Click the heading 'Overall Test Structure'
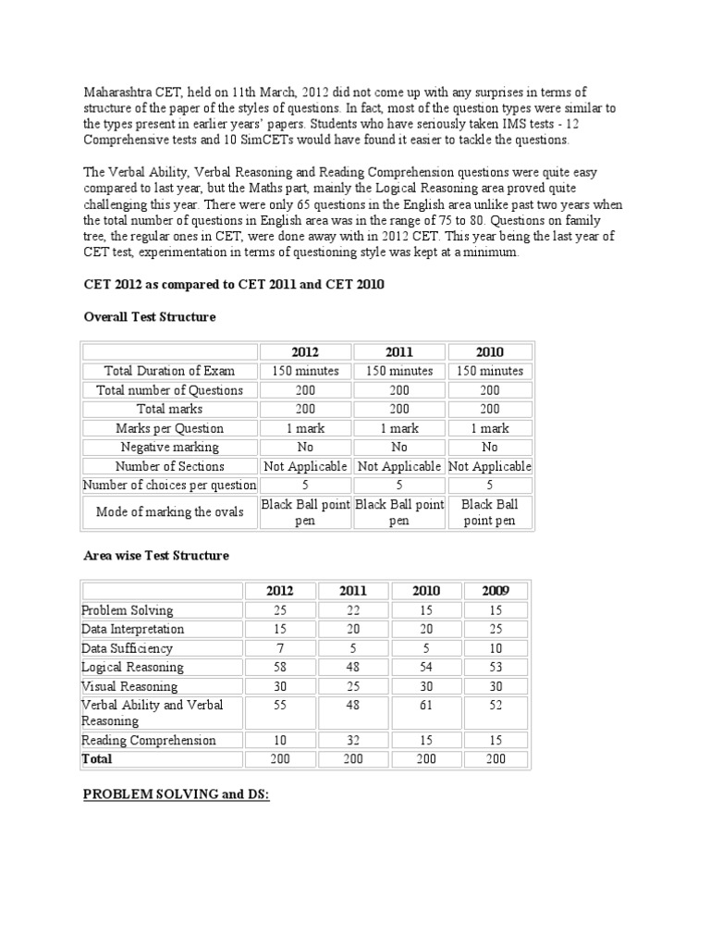[149, 316]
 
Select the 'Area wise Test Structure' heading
[155, 556]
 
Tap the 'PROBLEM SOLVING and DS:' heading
[176, 794]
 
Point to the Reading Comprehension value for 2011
[352, 740]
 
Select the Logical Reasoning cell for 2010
[425, 667]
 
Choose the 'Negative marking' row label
[169, 448]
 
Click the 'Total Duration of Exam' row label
[169, 371]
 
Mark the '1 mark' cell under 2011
[398, 428]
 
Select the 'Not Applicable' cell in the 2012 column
[305, 466]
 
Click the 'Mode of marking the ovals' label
[169, 512]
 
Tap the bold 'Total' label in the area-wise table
[97, 758]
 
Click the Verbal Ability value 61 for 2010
[425, 705]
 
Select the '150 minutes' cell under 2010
[490, 371]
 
